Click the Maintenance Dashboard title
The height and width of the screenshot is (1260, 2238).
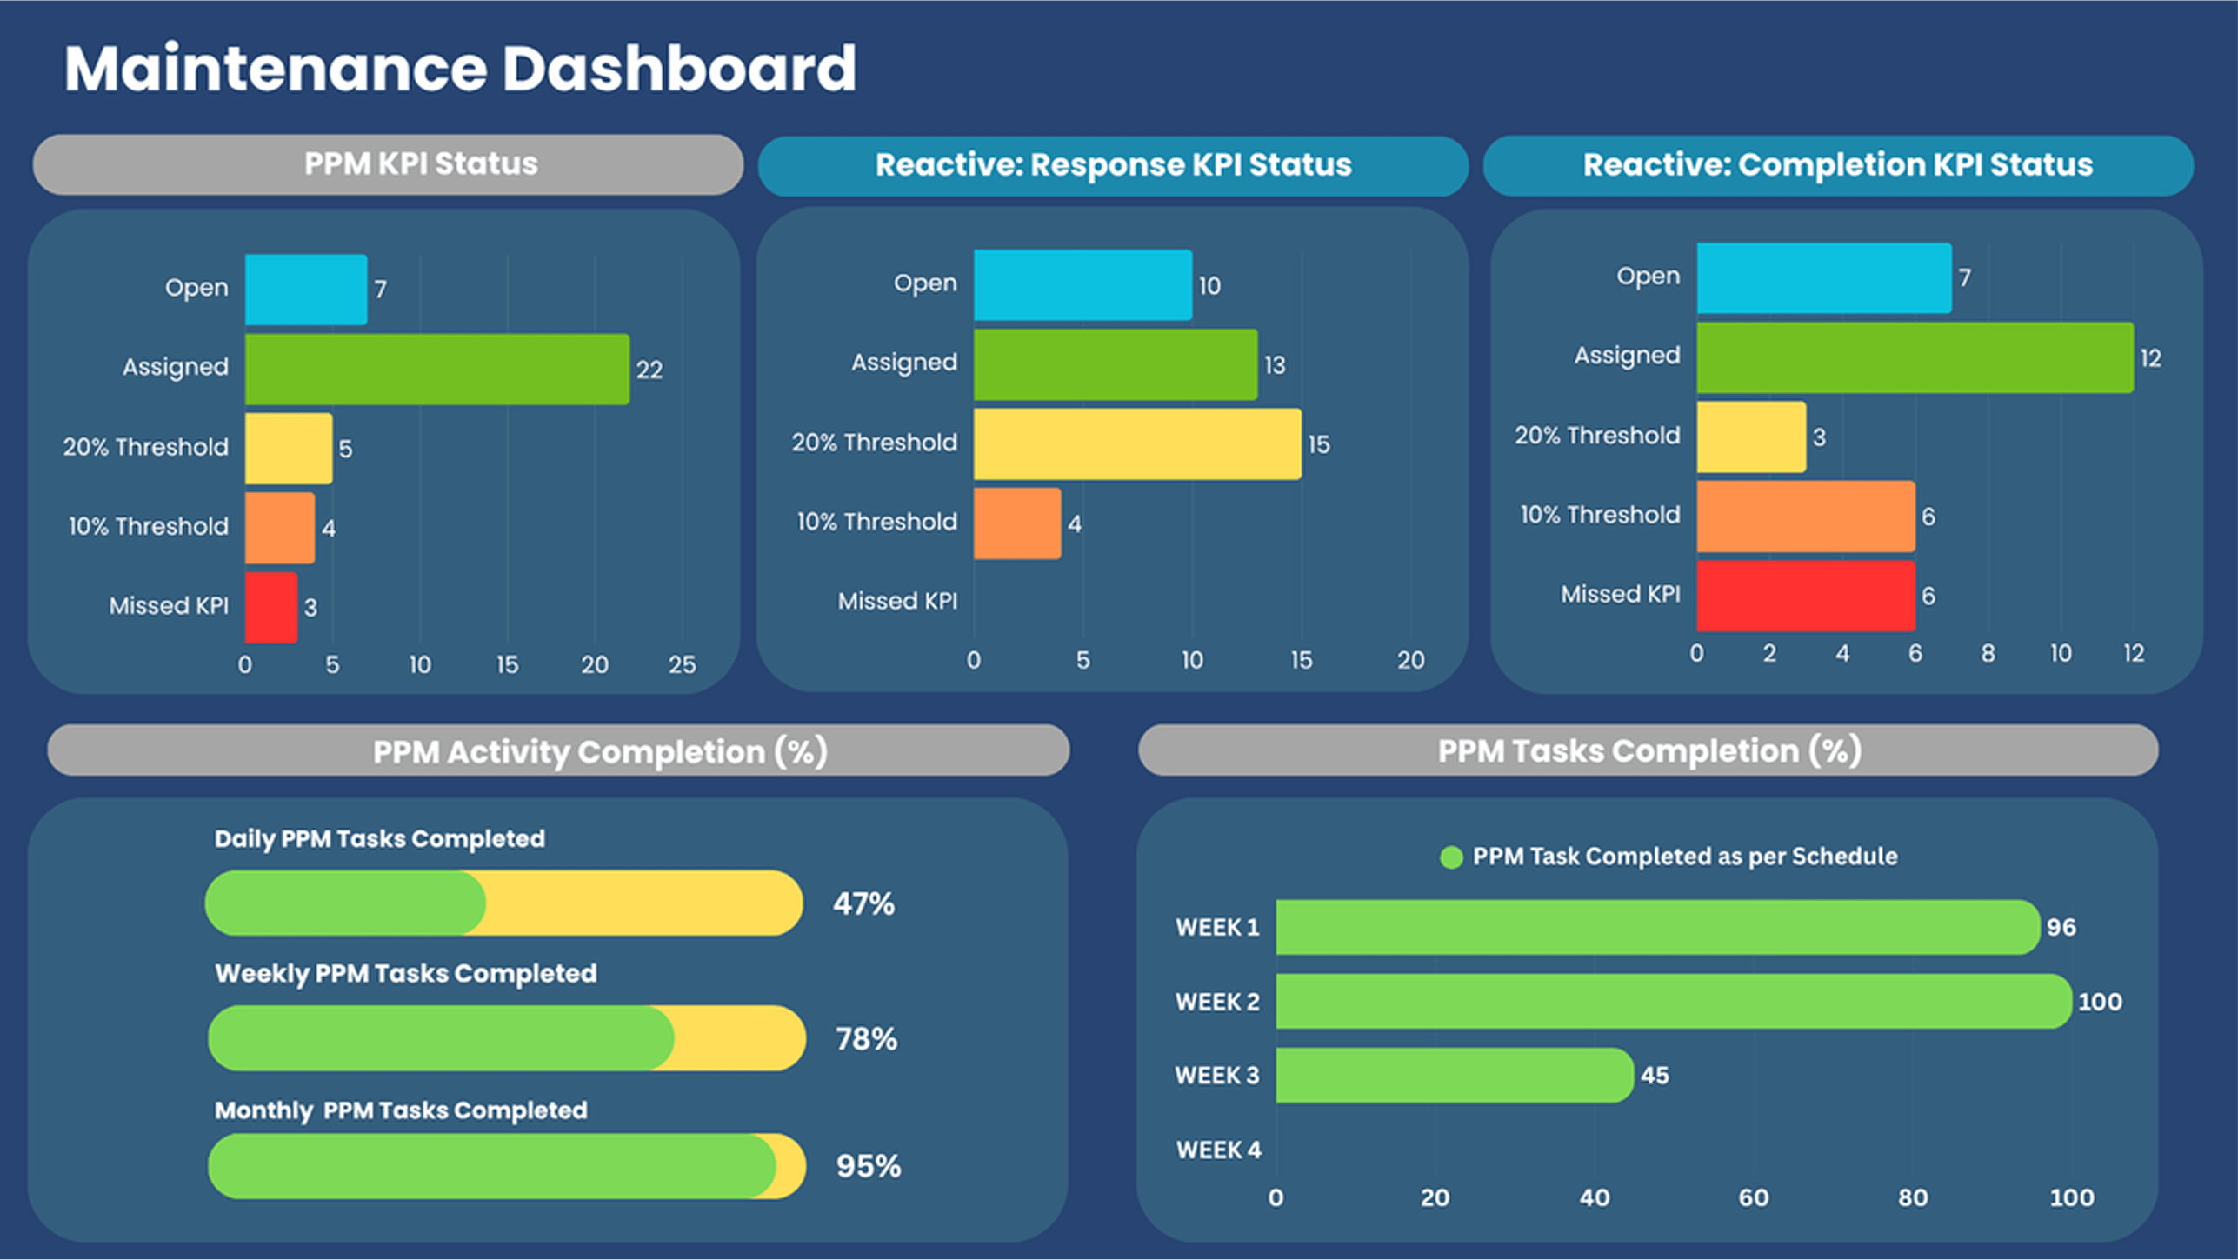click(x=460, y=69)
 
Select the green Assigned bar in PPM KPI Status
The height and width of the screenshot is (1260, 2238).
click(x=436, y=369)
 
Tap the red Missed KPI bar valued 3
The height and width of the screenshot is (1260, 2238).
click(x=271, y=607)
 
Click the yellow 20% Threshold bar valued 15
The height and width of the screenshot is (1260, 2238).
click(x=1136, y=443)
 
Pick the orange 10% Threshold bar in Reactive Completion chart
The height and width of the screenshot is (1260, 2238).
click(x=1805, y=516)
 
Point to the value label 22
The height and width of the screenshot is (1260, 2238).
click(x=649, y=370)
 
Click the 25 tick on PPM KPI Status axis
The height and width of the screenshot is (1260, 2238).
click(x=682, y=664)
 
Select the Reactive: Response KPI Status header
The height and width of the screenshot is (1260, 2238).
click(x=1113, y=165)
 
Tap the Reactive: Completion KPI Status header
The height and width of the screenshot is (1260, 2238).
click(x=1837, y=165)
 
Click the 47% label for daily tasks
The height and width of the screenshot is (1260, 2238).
click(x=863, y=903)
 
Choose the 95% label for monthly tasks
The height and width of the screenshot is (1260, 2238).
click(x=868, y=1166)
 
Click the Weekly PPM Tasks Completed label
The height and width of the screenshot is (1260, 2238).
click(x=406, y=973)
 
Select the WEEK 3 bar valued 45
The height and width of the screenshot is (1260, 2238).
click(x=1454, y=1075)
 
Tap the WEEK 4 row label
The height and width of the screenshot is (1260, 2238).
click(x=1218, y=1150)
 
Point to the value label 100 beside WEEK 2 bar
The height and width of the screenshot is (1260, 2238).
click(x=2100, y=1002)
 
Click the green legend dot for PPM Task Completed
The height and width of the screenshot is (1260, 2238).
click(x=1451, y=857)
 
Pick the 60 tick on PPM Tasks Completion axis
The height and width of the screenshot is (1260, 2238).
click(x=1753, y=1197)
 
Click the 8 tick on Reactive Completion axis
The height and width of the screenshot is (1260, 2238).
click(x=1988, y=653)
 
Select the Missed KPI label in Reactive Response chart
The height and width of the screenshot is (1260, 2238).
click(x=897, y=601)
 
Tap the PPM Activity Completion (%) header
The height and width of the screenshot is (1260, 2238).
click(x=600, y=751)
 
